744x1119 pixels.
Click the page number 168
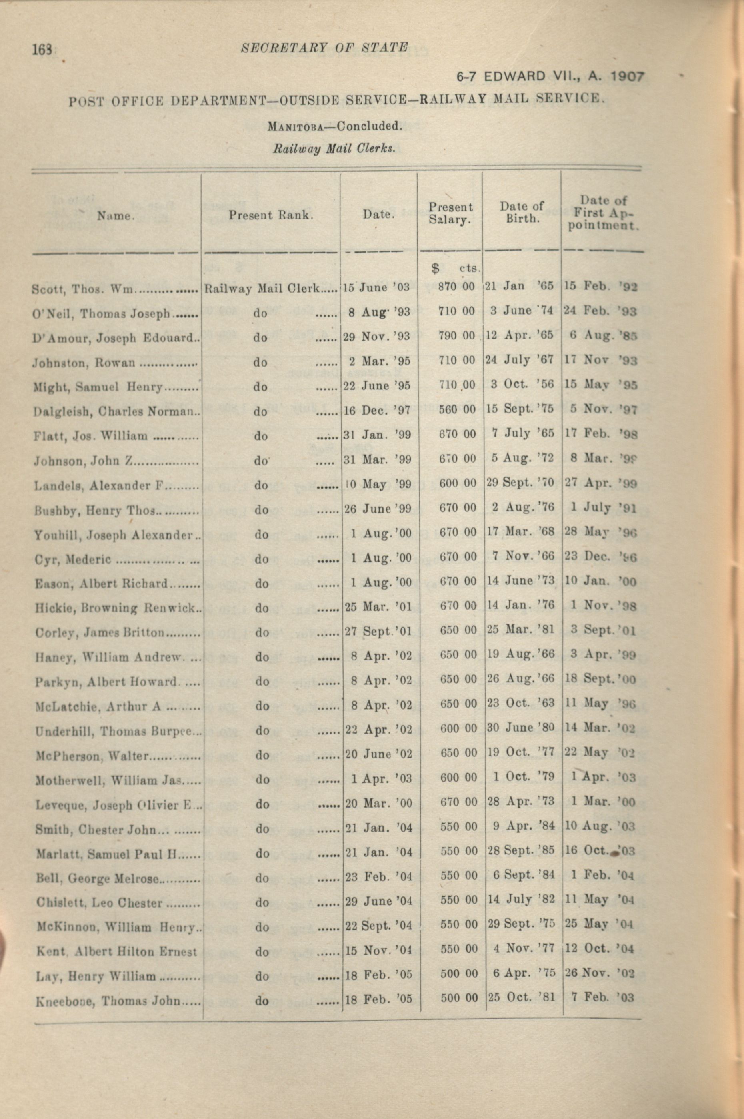[x=43, y=49]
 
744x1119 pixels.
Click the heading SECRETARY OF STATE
[x=324, y=48]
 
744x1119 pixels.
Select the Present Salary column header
[x=450, y=213]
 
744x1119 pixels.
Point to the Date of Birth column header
[x=522, y=212]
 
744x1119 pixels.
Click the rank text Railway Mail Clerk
[x=262, y=288]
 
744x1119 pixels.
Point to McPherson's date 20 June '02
[x=378, y=754]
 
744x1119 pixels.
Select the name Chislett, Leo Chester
[x=99, y=902]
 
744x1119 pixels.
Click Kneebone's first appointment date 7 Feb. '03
[x=603, y=997]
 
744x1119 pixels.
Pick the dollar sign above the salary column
[x=435, y=269]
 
